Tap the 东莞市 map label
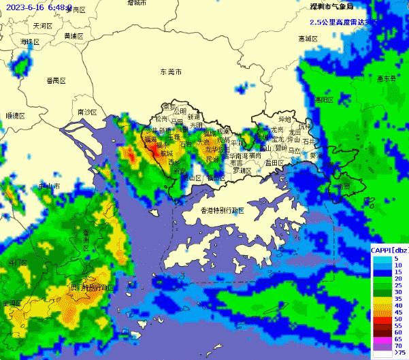click(x=171, y=71)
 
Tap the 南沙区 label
click(x=88, y=112)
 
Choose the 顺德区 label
click(x=14, y=116)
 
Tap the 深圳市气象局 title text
click(x=331, y=7)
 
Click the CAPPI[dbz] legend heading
click(x=389, y=250)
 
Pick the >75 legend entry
click(x=399, y=353)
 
